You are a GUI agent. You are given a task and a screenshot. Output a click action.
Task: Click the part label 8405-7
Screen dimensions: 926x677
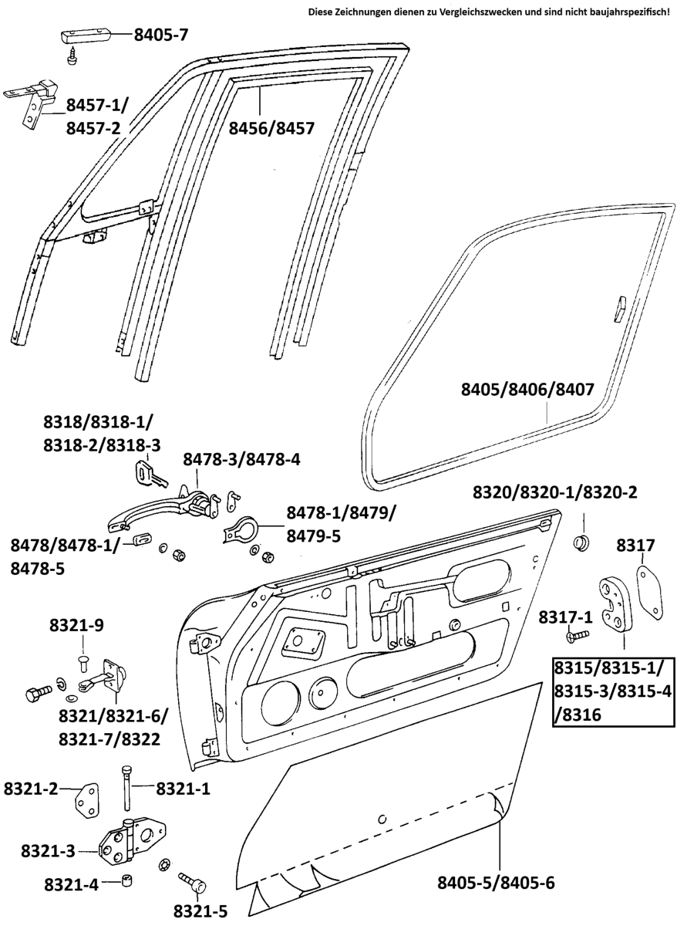pos(161,34)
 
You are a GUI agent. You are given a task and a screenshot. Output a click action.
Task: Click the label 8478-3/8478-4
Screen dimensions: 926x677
pos(241,459)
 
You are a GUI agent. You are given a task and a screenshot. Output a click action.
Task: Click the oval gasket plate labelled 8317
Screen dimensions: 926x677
pos(650,591)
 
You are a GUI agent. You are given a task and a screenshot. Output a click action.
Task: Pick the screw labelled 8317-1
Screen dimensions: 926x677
pos(577,635)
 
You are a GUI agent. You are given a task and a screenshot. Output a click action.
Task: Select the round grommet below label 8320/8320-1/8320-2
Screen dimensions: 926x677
pos(582,541)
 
